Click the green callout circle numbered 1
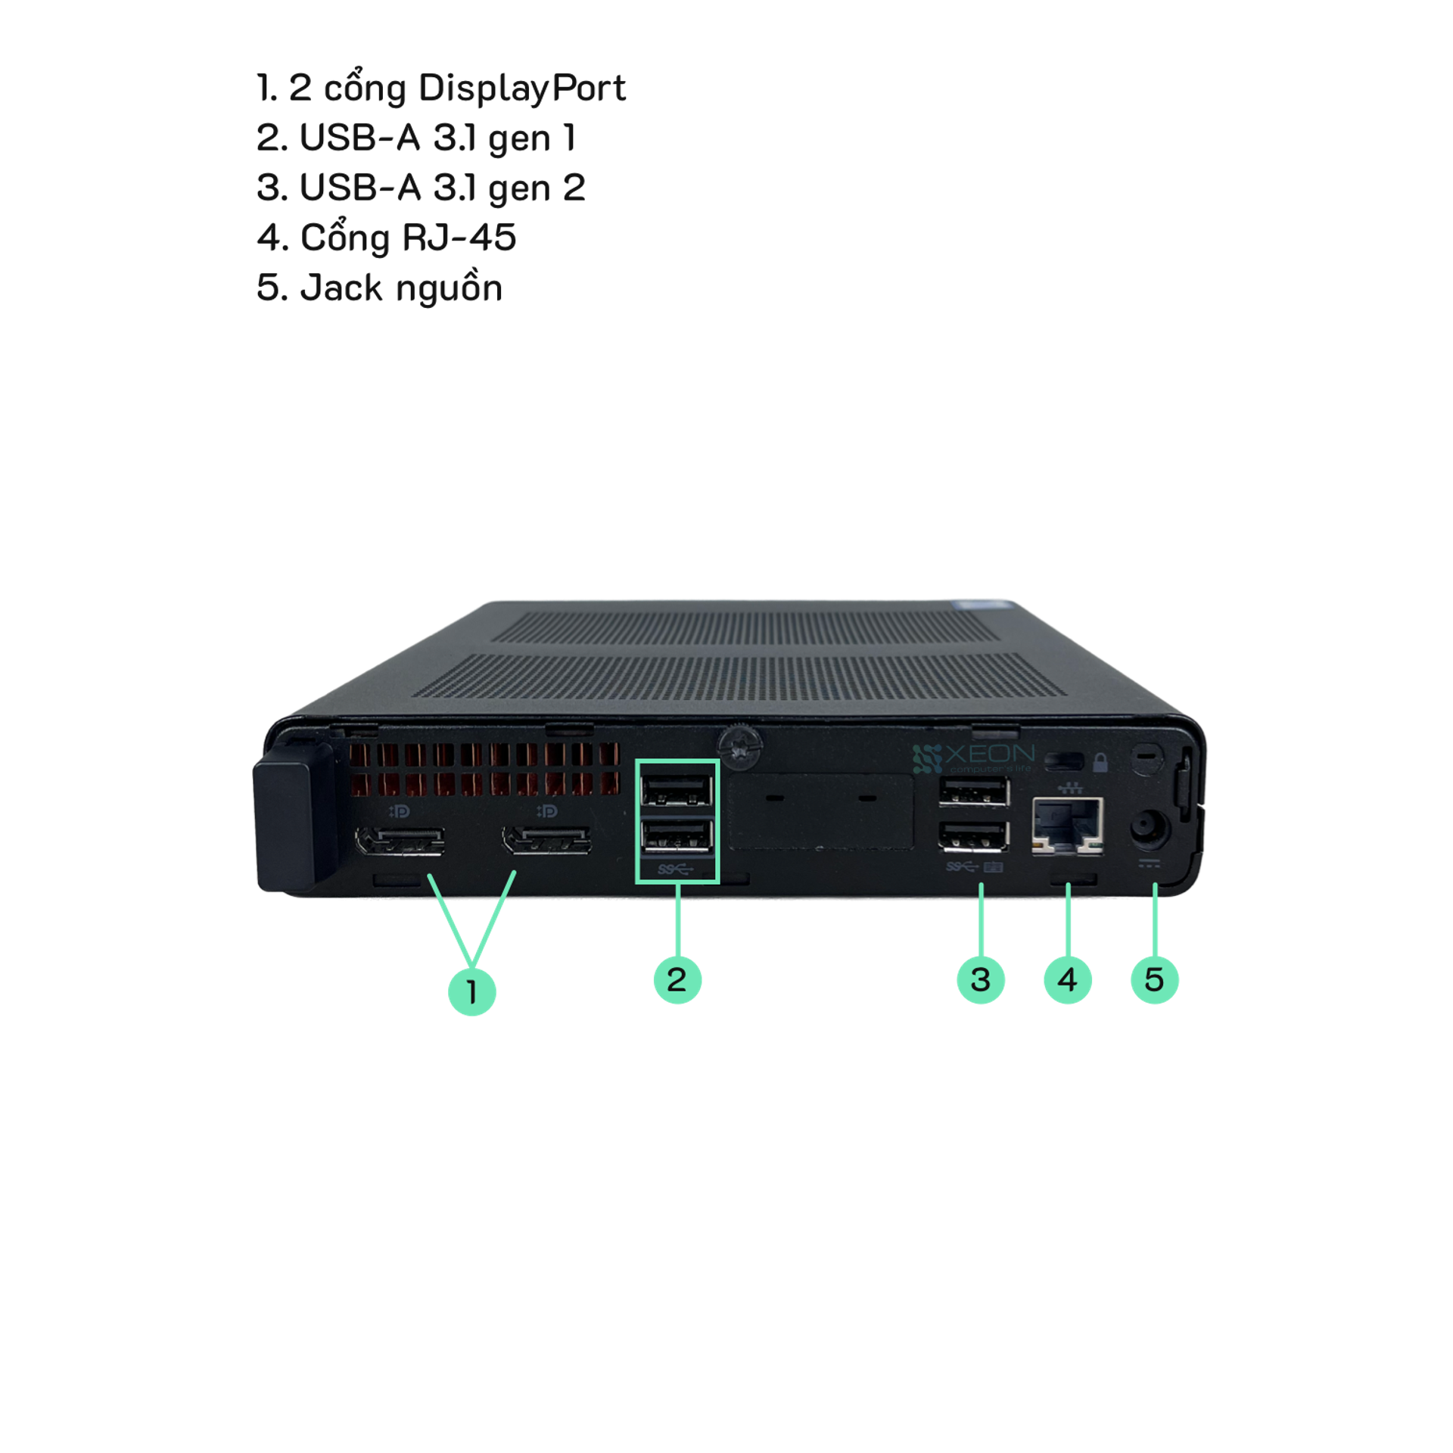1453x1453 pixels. coord(472,991)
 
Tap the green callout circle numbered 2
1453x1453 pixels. coord(677,980)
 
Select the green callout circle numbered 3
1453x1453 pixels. coord(980,980)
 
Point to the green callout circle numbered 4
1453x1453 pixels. coord(1067,980)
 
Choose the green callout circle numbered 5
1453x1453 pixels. coord(1154,980)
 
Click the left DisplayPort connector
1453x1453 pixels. coord(399,842)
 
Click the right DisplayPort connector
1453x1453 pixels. coord(546,842)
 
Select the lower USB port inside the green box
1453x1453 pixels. coord(677,838)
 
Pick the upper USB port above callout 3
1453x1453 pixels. coord(974,793)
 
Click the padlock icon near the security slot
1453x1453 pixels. coord(1100,761)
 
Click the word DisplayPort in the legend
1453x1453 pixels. coord(521,89)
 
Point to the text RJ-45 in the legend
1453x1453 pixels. coord(458,238)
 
